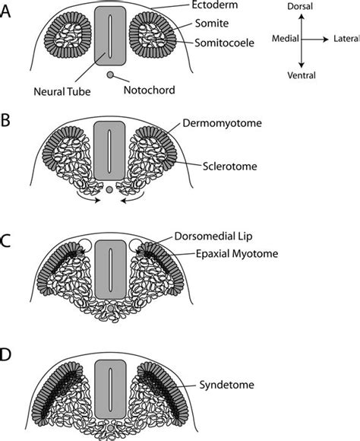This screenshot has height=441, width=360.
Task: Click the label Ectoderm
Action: pos(214,5)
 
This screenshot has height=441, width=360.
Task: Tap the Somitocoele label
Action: pos(224,43)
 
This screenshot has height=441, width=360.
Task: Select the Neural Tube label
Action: pos(62,91)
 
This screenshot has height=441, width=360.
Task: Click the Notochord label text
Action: pos(149,90)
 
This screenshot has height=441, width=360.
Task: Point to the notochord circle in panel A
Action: pos(110,75)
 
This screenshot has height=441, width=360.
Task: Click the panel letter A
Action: pos(5,12)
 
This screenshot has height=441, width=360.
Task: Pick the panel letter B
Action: pos(5,120)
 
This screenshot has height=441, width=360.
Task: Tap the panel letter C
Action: pos(5,241)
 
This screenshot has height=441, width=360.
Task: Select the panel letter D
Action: pos(5,354)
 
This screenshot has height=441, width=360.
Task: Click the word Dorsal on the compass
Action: pos(300,6)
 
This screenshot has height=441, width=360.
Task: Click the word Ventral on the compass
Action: pos(302,75)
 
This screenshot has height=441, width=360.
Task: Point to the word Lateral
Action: pos(346,39)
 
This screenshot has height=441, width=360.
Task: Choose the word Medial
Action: pos(286,38)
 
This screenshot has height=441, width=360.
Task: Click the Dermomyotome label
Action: pos(222,123)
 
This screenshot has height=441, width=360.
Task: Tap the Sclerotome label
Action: pos(229,167)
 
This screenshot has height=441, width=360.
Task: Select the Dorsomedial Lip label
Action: pos(213,236)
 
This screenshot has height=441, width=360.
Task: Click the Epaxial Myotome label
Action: pos(237,254)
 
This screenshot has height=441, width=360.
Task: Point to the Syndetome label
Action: pos(226,385)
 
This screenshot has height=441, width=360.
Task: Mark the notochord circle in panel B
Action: pos(109,190)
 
